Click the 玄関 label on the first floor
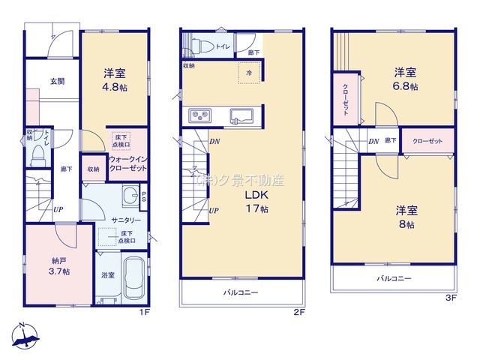(57, 81)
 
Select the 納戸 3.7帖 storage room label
(50, 265)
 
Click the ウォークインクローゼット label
(127, 164)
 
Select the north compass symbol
(25, 335)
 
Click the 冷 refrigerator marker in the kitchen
(248, 73)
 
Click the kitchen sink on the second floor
(241, 117)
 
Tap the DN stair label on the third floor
(373, 141)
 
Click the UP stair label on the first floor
(57, 209)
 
